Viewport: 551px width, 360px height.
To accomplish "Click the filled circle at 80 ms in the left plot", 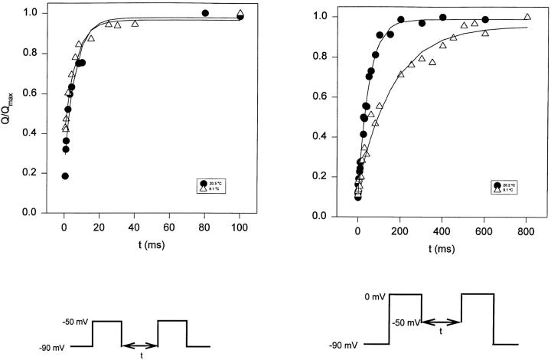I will (205, 13).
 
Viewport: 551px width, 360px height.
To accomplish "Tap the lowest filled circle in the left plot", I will (65, 176).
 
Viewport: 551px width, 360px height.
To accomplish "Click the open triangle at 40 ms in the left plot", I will (135, 24).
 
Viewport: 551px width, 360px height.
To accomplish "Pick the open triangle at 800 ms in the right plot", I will (527, 17).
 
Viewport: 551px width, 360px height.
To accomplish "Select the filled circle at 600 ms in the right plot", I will (485, 20).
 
